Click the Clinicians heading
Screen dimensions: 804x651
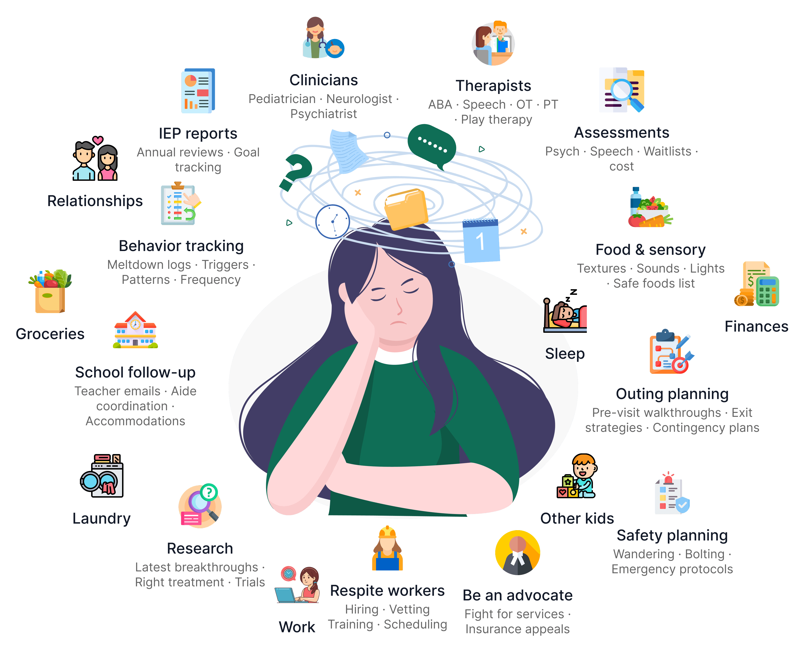[x=323, y=80]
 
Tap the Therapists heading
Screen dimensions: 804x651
[x=493, y=86]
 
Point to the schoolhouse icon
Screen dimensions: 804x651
[x=135, y=331]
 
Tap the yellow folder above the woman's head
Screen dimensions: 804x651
[x=406, y=208]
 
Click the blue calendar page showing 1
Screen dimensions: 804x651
[x=481, y=240]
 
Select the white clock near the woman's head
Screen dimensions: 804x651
[x=332, y=221]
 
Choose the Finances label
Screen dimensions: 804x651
[x=756, y=327]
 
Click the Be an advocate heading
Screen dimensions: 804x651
[x=517, y=596]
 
